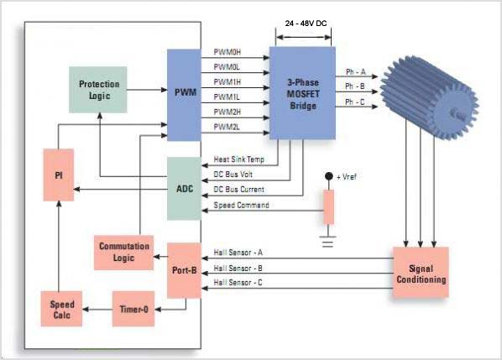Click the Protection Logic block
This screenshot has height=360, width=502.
pos(98,90)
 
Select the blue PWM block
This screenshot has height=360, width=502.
pos(184,95)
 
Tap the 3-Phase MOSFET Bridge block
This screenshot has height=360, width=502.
pos(302,93)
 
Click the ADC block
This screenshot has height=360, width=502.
pos(184,189)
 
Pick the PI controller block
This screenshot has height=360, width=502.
pos(59,175)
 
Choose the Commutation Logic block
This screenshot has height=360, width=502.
pos(124,253)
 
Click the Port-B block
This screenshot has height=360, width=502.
pos(184,271)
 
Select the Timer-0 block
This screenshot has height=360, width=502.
pos(133,309)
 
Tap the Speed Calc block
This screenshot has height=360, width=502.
pos(61,309)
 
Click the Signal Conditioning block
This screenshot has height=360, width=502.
pos(421,273)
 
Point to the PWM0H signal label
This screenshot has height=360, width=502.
pos(227,52)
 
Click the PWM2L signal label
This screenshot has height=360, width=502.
pos(227,127)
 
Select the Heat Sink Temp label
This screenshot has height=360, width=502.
pos(239,159)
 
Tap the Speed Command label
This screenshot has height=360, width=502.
pos(242,205)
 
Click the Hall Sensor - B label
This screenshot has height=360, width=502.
pos(238,269)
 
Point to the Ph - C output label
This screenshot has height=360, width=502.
pos(355,102)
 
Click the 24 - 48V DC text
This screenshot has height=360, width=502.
pos(306,23)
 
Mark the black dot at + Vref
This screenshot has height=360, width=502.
pos(329,176)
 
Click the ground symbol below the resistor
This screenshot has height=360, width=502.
pos(328,242)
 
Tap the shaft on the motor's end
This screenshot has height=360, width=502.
pos(458,114)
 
